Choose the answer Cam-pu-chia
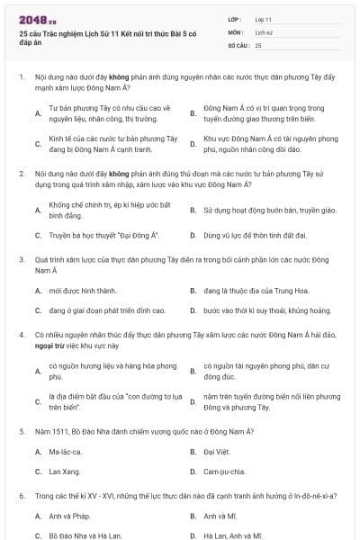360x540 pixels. click(225, 471)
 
